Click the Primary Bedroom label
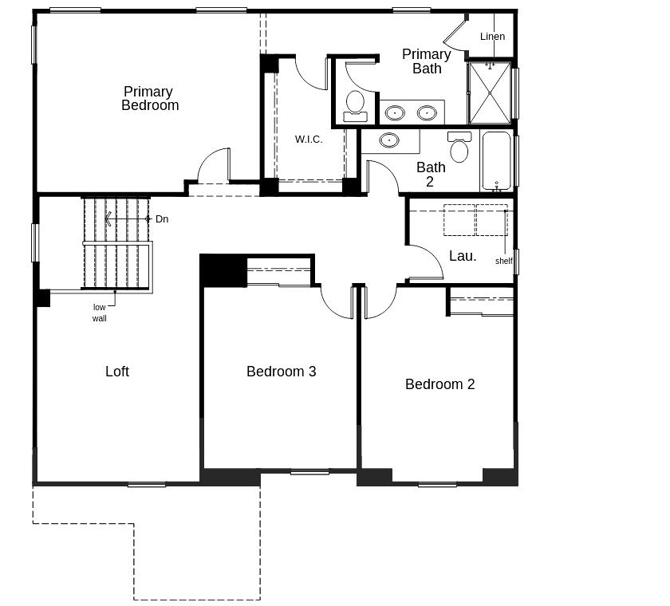pyautogui.click(x=149, y=98)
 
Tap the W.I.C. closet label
pyautogui.click(x=309, y=140)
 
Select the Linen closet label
pyautogui.click(x=492, y=37)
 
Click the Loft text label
pyautogui.click(x=117, y=372)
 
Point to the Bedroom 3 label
pyautogui.click(x=281, y=372)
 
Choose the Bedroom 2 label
pyautogui.click(x=439, y=384)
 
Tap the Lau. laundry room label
pyautogui.click(x=463, y=256)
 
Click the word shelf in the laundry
pyautogui.click(x=503, y=261)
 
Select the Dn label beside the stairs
pyautogui.click(x=162, y=219)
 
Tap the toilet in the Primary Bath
pyautogui.click(x=355, y=105)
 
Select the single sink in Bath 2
pyautogui.click(x=389, y=141)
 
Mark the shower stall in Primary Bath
pyautogui.click(x=489, y=92)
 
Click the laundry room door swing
pyautogui.click(x=424, y=262)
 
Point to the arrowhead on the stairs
pyautogui.click(x=108, y=218)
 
